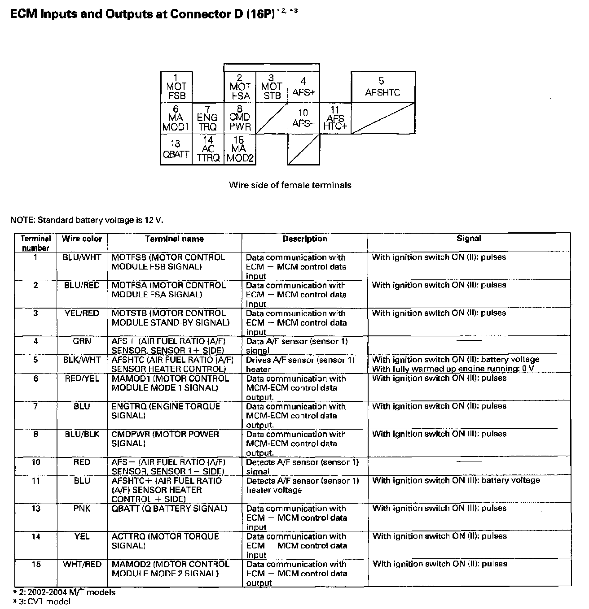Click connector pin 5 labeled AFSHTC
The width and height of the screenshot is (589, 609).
382,87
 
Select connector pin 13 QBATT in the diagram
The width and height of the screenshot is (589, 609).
176,149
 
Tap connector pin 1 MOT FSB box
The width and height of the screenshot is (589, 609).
176,87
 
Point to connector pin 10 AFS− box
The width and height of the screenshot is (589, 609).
303,118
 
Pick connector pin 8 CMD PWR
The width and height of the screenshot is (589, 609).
240,118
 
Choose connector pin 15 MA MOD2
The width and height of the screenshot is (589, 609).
240,149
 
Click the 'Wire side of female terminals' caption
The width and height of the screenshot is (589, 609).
290,185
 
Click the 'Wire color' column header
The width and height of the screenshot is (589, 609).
82,239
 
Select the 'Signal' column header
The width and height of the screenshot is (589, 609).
469,239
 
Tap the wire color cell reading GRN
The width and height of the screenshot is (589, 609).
82,341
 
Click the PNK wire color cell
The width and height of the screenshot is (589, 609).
82,509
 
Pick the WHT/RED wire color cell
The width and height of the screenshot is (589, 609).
82,564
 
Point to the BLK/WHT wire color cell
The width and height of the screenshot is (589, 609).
82,360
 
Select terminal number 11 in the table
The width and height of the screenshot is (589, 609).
36,481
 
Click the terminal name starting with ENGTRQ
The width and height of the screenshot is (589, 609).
166,411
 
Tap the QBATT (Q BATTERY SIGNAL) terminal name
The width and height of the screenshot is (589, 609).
169,509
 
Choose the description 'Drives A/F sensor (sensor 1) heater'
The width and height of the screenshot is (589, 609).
300,365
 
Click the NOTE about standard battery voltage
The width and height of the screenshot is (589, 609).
87,220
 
